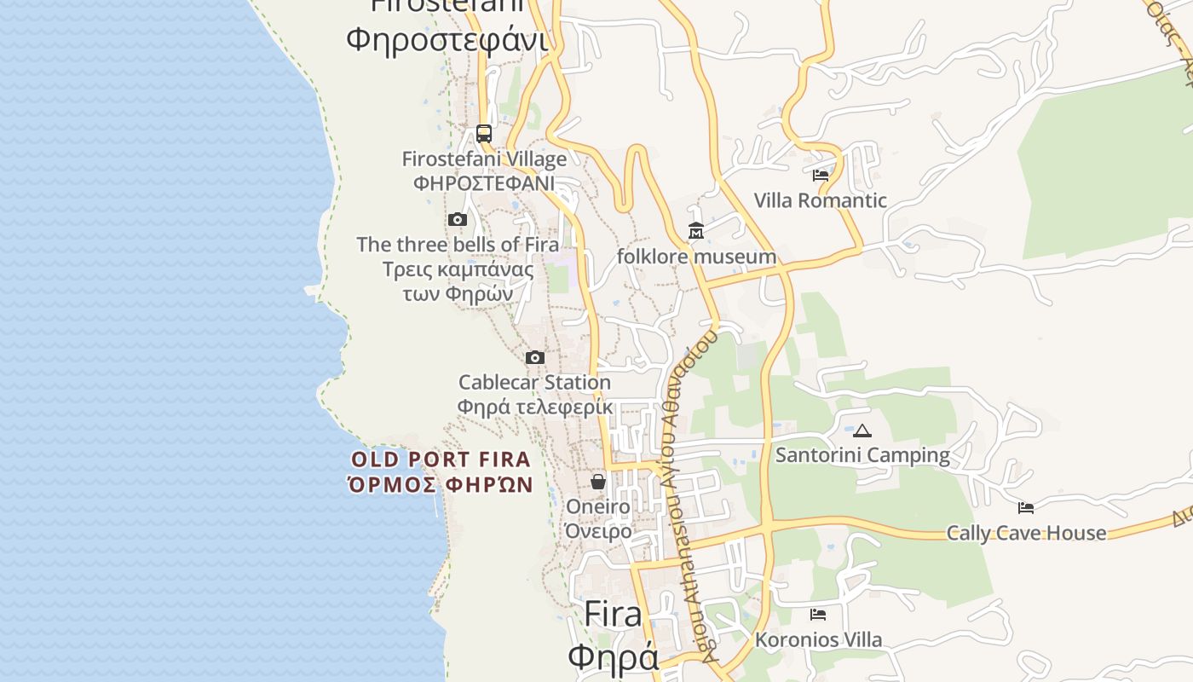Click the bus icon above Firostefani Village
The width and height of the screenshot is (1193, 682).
pyautogui.click(x=484, y=134)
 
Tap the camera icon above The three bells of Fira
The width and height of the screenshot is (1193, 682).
pyautogui.click(x=458, y=220)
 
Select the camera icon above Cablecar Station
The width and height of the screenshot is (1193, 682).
pyautogui.click(x=535, y=357)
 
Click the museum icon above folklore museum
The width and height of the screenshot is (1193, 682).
pyautogui.click(x=696, y=231)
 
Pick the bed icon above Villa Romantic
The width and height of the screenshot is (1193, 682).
pyautogui.click(x=821, y=176)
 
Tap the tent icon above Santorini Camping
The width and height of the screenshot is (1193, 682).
pyautogui.click(x=862, y=431)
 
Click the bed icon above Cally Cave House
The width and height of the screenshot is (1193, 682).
pyautogui.click(x=1026, y=508)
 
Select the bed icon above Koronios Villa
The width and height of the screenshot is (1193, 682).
pyautogui.click(x=818, y=615)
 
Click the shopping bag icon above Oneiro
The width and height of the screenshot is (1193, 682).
pyautogui.click(x=598, y=482)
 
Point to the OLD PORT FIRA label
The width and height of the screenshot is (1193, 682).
pyautogui.click(x=441, y=459)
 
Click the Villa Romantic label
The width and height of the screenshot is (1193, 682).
pyautogui.click(x=820, y=201)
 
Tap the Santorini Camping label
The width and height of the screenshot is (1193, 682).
pyautogui.click(x=862, y=455)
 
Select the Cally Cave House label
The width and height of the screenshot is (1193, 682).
pyautogui.click(x=1026, y=534)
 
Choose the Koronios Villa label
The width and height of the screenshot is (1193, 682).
pyautogui.click(x=818, y=639)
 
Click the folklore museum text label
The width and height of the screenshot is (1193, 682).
pyautogui.click(x=696, y=257)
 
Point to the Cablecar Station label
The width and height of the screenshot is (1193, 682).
pyautogui.click(x=534, y=382)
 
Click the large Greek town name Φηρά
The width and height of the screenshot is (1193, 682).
pyautogui.click(x=613, y=657)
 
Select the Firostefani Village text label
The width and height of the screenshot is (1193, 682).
pyautogui.click(x=484, y=159)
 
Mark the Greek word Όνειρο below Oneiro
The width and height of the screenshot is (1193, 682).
pyautogui.click(x=598, y=531)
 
